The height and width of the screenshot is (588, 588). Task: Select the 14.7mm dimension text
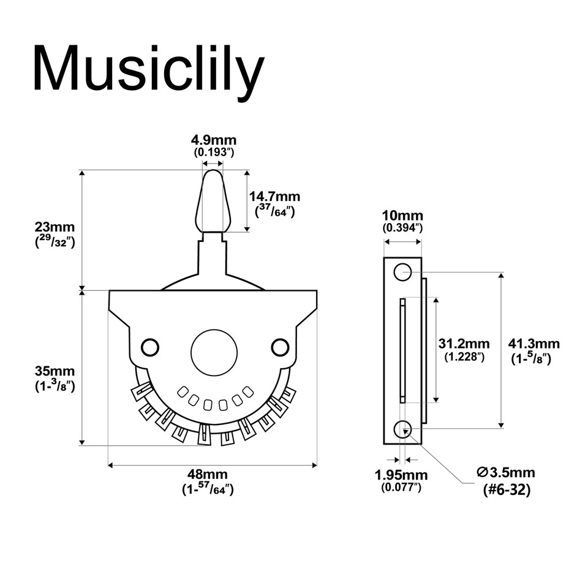tap(274, 197)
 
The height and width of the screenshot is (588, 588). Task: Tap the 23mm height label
tap(54, 226)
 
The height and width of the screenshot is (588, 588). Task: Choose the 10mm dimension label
tap(402, 216)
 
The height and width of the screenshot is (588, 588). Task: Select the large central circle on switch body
tap(214, 353)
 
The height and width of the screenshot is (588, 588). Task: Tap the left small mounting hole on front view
tap(149, 347)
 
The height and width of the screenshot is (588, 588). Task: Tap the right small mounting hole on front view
tap(280, 347)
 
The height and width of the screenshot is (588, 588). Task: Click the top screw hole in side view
tap(402, 272)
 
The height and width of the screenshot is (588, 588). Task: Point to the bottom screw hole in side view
tap(402, 429)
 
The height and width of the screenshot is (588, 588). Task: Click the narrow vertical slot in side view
tap(402, 350)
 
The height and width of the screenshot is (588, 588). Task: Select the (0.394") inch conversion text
tap(402, 228)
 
